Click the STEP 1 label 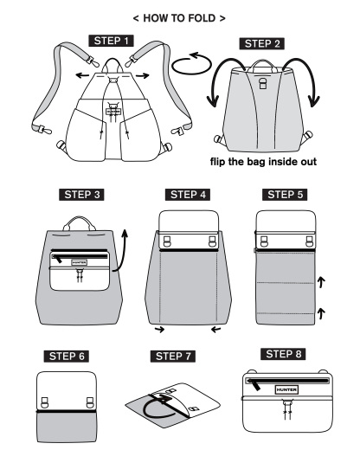click(x=111, y=42)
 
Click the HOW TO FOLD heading click(x=179, y=17)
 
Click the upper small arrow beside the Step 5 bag click(x=322, y=280)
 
